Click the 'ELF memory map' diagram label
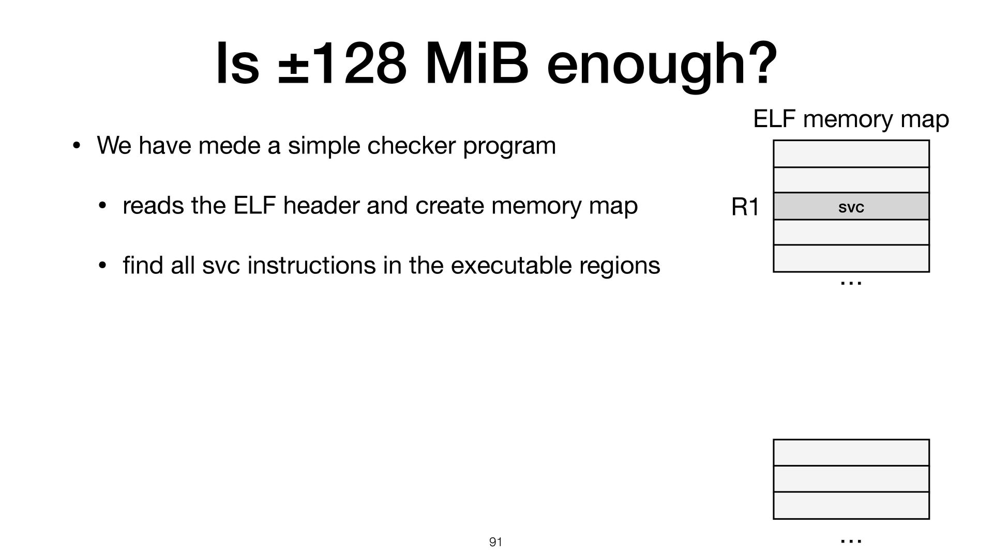pyautogui.click(x=851, y=120)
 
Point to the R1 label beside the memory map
pyautogui.click(x=745, y=208)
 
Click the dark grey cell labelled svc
pyautogui.click(x=851, y=206)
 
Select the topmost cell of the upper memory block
pyautogui.click(x=851, y=154)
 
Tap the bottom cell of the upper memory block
pyautogui.click(x=851, y=258)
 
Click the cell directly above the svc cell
pyautogui.click(x=851, y=180)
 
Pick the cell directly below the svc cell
pyautogui.click(x=851, y=233)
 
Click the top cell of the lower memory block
pyautogui.click(x=851, y=453)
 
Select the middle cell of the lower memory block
pyautogui.click(x=851, y=479)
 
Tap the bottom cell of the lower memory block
pyautogui.click(x=851, y=505)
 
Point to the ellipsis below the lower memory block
pyautogui.click(x=851, y=541)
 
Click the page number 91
pyautogui.click(x=495, y=542)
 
